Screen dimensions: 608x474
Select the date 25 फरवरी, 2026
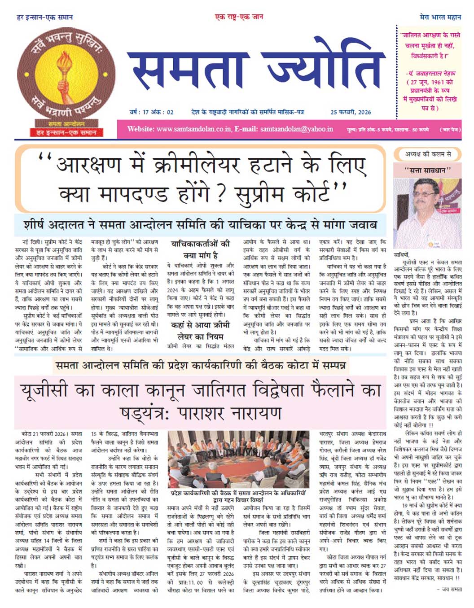pyautogui.click(x=351, y=112)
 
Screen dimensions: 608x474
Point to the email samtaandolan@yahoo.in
pyautogui.click(x=296, y=129)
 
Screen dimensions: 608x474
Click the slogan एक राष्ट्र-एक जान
pyautogui.click(x=239, y=17)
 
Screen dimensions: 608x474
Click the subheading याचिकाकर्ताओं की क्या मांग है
pyautogui.click(x=200, y=249)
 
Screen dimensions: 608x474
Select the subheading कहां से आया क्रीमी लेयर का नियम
pyautogui.click(x=200, y=331)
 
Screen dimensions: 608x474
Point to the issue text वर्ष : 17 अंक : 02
pyautogui.click(x=151, y=112)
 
